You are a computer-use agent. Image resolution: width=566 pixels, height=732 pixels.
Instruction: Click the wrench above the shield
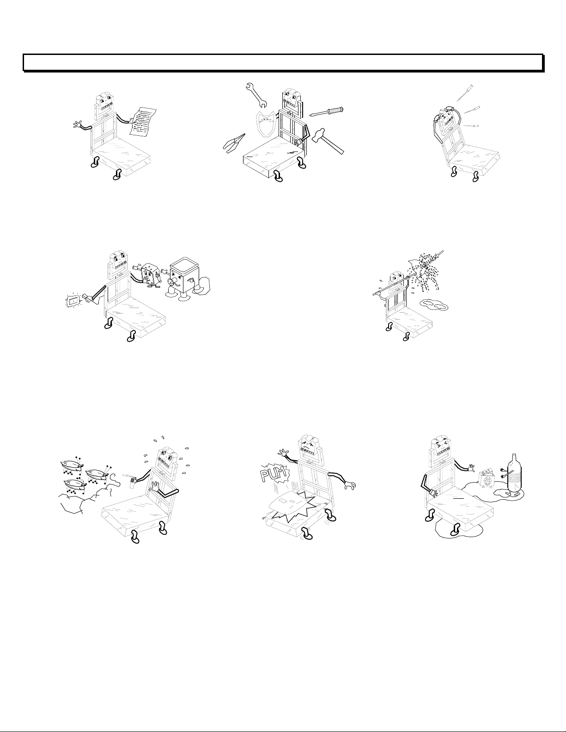(x=258, y=96)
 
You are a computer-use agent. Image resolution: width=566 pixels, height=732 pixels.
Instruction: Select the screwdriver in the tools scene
(x=327, y=111)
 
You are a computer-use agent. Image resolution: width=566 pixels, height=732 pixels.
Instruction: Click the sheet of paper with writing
(x=143, y=122)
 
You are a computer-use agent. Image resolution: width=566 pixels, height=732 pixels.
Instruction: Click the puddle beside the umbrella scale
(x=435, y=304)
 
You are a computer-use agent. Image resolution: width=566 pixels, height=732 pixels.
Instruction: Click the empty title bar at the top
(x=283, y=62)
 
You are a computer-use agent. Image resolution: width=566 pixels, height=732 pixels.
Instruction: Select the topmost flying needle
(x=466, y=93)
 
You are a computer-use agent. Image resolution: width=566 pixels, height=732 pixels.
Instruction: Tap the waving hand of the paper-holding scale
(x=79, y=124)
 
